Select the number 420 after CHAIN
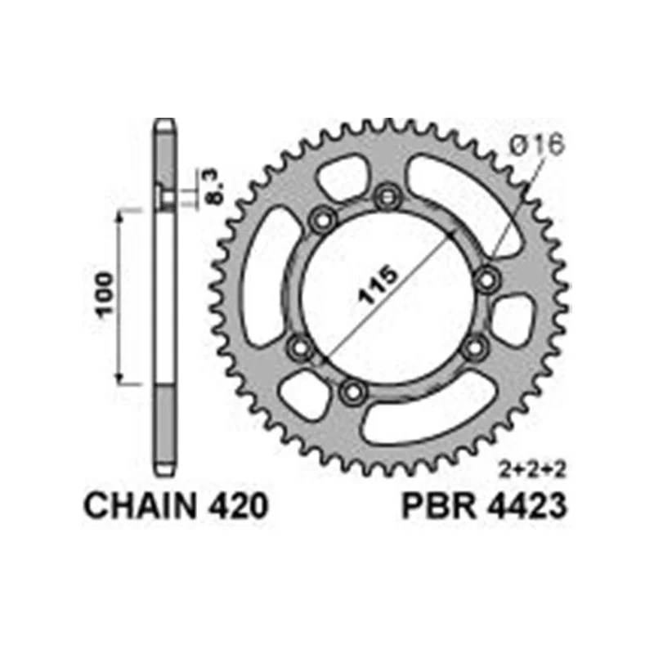pos(234,506)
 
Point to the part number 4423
pos(523,506)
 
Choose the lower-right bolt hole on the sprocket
pos(473,349)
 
